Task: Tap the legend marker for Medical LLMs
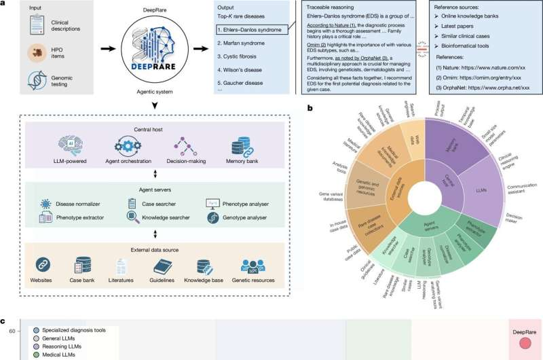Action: [x=36, y=355]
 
